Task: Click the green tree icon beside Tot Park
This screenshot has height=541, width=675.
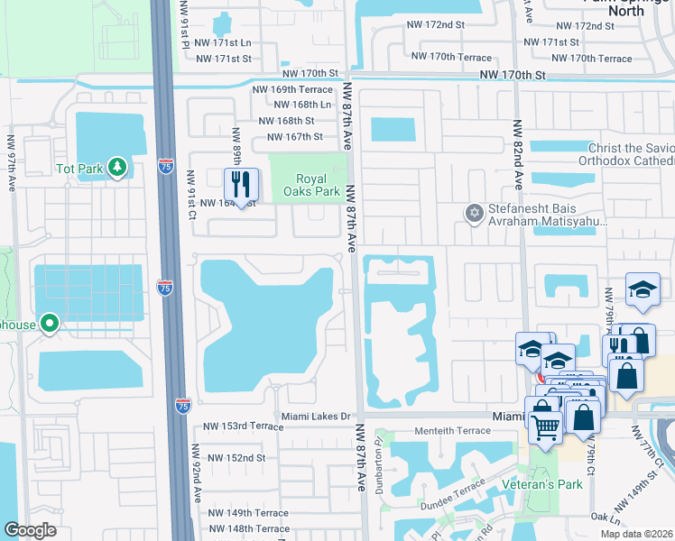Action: [116, 168]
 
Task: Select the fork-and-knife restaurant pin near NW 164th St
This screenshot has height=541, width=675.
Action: [241, 185]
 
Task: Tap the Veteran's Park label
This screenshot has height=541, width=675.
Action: [544, 484]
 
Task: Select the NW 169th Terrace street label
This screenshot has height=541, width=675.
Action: [292, 89]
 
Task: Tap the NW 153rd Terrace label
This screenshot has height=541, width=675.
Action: [243, 426]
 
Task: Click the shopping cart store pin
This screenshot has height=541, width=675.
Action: [544, 424]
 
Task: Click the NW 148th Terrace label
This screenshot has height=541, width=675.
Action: [248, 529]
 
